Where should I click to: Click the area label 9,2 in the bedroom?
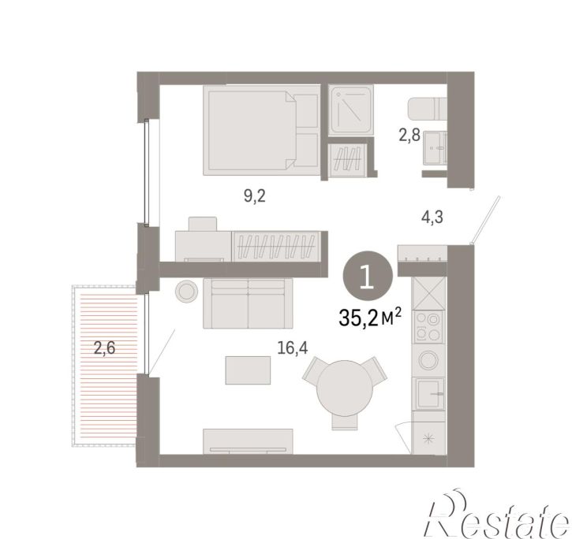pyautogui.click(x=255, y=197)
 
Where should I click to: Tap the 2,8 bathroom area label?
pyautogui.click(x=409, y=136)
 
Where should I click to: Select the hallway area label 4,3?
pyautogui.click(x=432, y=217)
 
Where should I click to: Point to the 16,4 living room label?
pyautogui.click(x=293, y=348)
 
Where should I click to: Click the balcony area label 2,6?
pyautogui.click(x=105, y=348)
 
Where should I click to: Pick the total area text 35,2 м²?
pyautogui.click(x=370, y=317)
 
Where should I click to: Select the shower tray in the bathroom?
pyautogui.click(x=350, y=109)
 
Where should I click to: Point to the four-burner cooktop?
pyautogui.click(x=428, y=326)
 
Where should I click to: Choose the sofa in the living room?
pyautogui.click(x=248, y=303)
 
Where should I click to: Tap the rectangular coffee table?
pyautogui.click(x=248, y=370)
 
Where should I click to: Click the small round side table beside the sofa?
pyautogui.click(x=186, y=292)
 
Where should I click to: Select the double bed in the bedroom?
pyautogui.click(x=261, y=130)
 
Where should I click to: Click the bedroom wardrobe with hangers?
pyautogui.click(x=276, y=246)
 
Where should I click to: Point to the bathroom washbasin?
pyautogui.click(x=435, y=147)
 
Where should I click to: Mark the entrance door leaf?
pyautogui.click(x=485, y=219)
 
